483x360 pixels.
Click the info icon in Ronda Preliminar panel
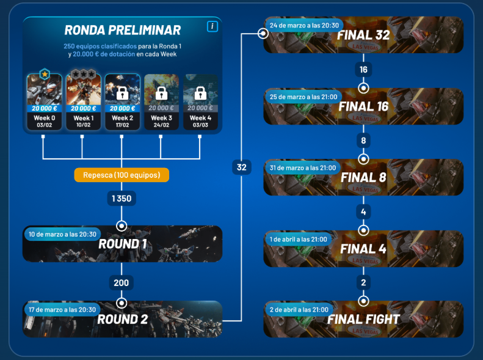coord(212,26)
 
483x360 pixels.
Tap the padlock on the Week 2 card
coord(122,94)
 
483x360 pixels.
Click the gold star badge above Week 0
coord(44,74)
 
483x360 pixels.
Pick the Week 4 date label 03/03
coord(200,125)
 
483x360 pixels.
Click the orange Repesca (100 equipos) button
coord(122,175)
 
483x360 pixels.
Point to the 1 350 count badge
coord(122,199)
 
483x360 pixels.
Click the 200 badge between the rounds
coord(122,283)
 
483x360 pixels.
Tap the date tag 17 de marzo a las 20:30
coord(62,309)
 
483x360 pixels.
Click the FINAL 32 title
coord(363,35)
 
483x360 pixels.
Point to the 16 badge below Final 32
coord(363,70)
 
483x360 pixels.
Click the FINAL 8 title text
coord(363,178)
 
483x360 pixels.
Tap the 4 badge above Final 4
coord(363,212)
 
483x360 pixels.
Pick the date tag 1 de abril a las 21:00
coord(299,239)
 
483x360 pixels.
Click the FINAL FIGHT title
coord(363,320)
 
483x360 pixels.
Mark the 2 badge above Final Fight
coord(363,283)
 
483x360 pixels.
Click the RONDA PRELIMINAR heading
coord(122,30)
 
